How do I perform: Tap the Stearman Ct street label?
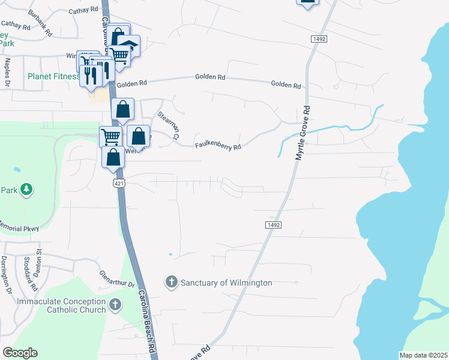169,124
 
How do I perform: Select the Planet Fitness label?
53,76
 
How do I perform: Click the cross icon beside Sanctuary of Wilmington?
171,282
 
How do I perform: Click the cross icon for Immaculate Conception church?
116,305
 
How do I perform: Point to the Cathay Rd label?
83,10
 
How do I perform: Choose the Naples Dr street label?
8,71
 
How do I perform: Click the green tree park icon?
25,190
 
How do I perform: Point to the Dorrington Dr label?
6,274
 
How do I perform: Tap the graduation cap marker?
128,46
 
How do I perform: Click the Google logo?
20,353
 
